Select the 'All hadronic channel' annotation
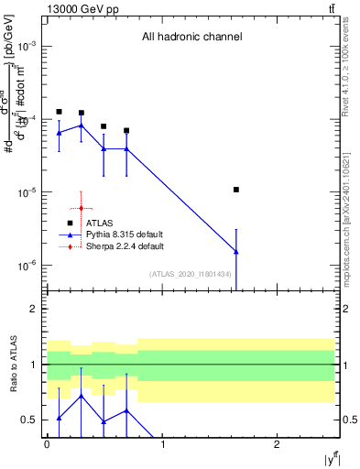[191, 38]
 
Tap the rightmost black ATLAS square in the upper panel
[236, 190]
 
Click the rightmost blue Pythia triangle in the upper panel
[236, 251]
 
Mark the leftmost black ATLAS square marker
[59, 112]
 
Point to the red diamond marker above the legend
[82, 208]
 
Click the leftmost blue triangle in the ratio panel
[59, 418]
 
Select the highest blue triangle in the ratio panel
[82, 396]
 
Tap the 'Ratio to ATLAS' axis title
[12, 364]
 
